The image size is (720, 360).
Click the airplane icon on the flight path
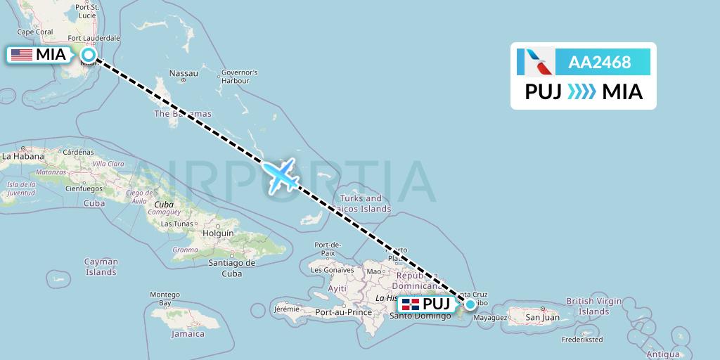[x=281, y=174]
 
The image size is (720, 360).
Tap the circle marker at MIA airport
[x=89, y=54]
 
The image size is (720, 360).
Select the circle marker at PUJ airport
[x=470, y=304]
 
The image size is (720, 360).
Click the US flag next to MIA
[x=21, y=55]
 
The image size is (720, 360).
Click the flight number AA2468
[x=600, y=63]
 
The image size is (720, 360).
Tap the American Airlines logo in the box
[x=535, y=62]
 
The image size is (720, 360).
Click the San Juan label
[x=542, y=317]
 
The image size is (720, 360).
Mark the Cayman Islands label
[x=101, y=266]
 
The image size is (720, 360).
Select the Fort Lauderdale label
[x=94, y=38]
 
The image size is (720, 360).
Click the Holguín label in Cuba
[x=217, y=233]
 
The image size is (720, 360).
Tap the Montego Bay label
[x=165, y=300]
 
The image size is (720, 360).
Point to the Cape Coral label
[x=34, y=32]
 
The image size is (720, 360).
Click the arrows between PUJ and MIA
[x=581, y=91]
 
